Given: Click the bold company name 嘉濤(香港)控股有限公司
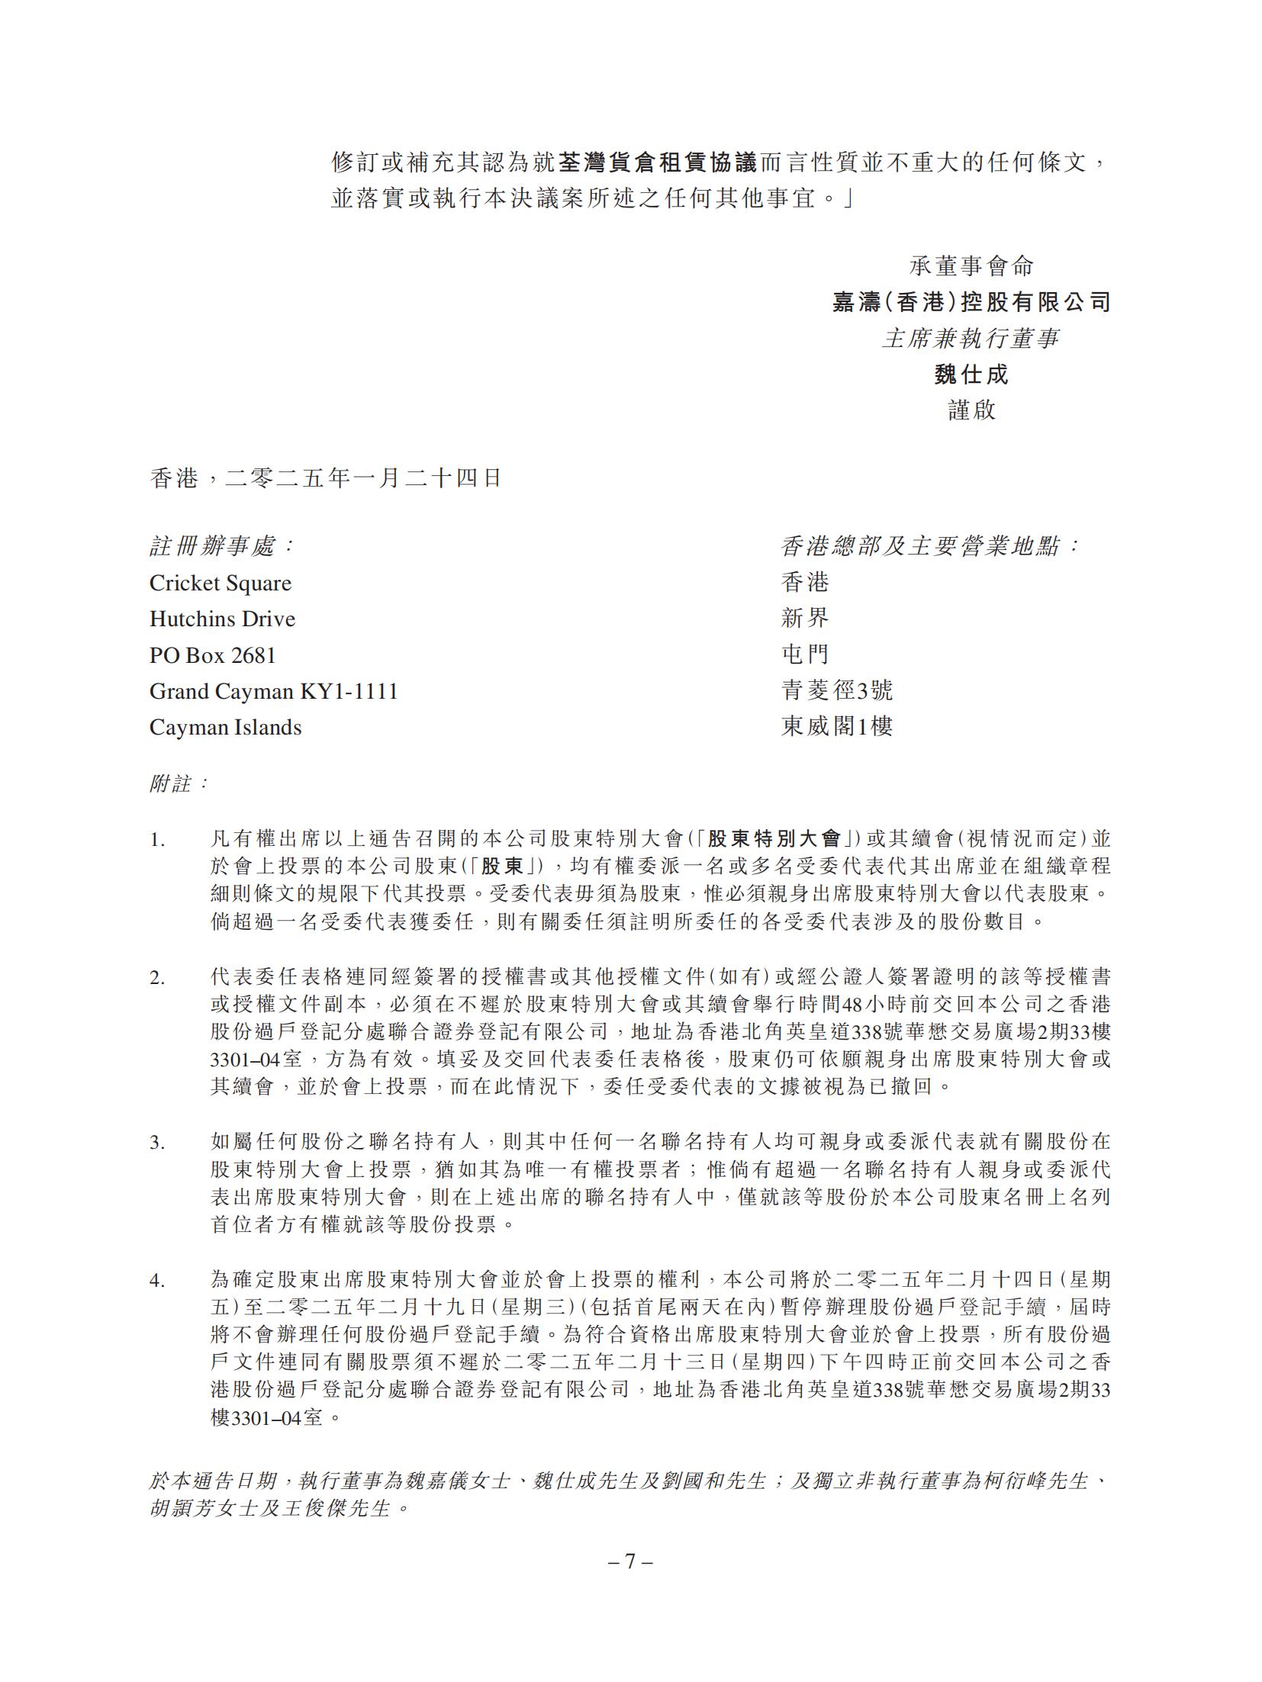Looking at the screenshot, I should [971, 303].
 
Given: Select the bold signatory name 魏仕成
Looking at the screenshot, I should [971, 375].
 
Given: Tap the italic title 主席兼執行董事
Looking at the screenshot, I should [971, 339].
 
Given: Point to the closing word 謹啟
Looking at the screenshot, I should [971, 410].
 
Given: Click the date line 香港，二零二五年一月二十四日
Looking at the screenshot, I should [326, 478].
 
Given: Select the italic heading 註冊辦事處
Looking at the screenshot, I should [221, 546].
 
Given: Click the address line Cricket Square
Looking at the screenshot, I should [221, 584].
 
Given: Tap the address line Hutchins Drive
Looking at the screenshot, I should [222, 619].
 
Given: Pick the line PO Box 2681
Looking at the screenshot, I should [213, 655].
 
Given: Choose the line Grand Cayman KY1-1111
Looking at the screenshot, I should [274, 691].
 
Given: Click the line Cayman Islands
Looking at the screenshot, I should [225, 728].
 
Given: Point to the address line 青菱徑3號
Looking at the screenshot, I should [836, 691].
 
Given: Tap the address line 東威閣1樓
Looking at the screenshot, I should [836, 727].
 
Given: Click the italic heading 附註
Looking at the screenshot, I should [178, 783].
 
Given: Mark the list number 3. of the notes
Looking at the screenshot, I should [156, 1143].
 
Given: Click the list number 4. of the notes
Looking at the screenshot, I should [156, 1281].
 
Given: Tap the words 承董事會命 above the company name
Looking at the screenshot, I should [971, 266].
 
